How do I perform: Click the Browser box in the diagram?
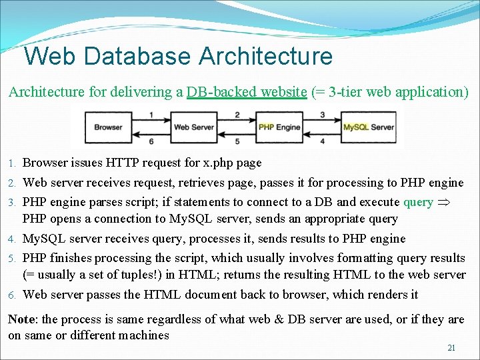[108, 127]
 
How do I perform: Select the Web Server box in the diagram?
[193, 127]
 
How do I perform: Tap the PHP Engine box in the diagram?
[279, 127]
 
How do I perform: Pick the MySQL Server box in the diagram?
[369, 127]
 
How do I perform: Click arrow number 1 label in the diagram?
[151, 115]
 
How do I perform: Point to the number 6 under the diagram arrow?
[151, 141]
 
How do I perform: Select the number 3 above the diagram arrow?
[323, 115]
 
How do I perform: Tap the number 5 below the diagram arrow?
[237, 141]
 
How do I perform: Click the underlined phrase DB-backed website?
[246, 92]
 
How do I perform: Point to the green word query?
[418, 202]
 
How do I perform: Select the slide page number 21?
[451, 348]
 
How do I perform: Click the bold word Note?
[22, 319]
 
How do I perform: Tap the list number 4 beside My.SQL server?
[12, 239]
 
